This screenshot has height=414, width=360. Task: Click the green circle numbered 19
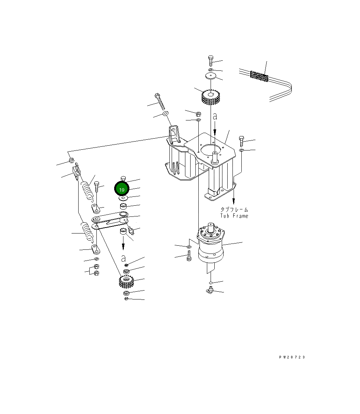tap(122, 189)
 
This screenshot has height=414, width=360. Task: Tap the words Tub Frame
tap(234, 216)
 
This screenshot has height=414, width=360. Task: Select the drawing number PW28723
tap(292, 357)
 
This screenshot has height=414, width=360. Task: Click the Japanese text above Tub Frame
tap(234, 209)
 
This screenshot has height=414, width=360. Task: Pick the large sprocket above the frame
tap(211, 96)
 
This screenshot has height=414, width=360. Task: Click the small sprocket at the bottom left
tap(126, 281)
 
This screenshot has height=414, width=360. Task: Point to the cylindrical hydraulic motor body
tap(211, 244)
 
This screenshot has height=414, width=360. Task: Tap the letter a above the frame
tap(215, 116)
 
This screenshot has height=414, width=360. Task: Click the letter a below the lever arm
tap(123, 258)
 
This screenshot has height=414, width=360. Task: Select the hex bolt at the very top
tap(211, 61)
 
